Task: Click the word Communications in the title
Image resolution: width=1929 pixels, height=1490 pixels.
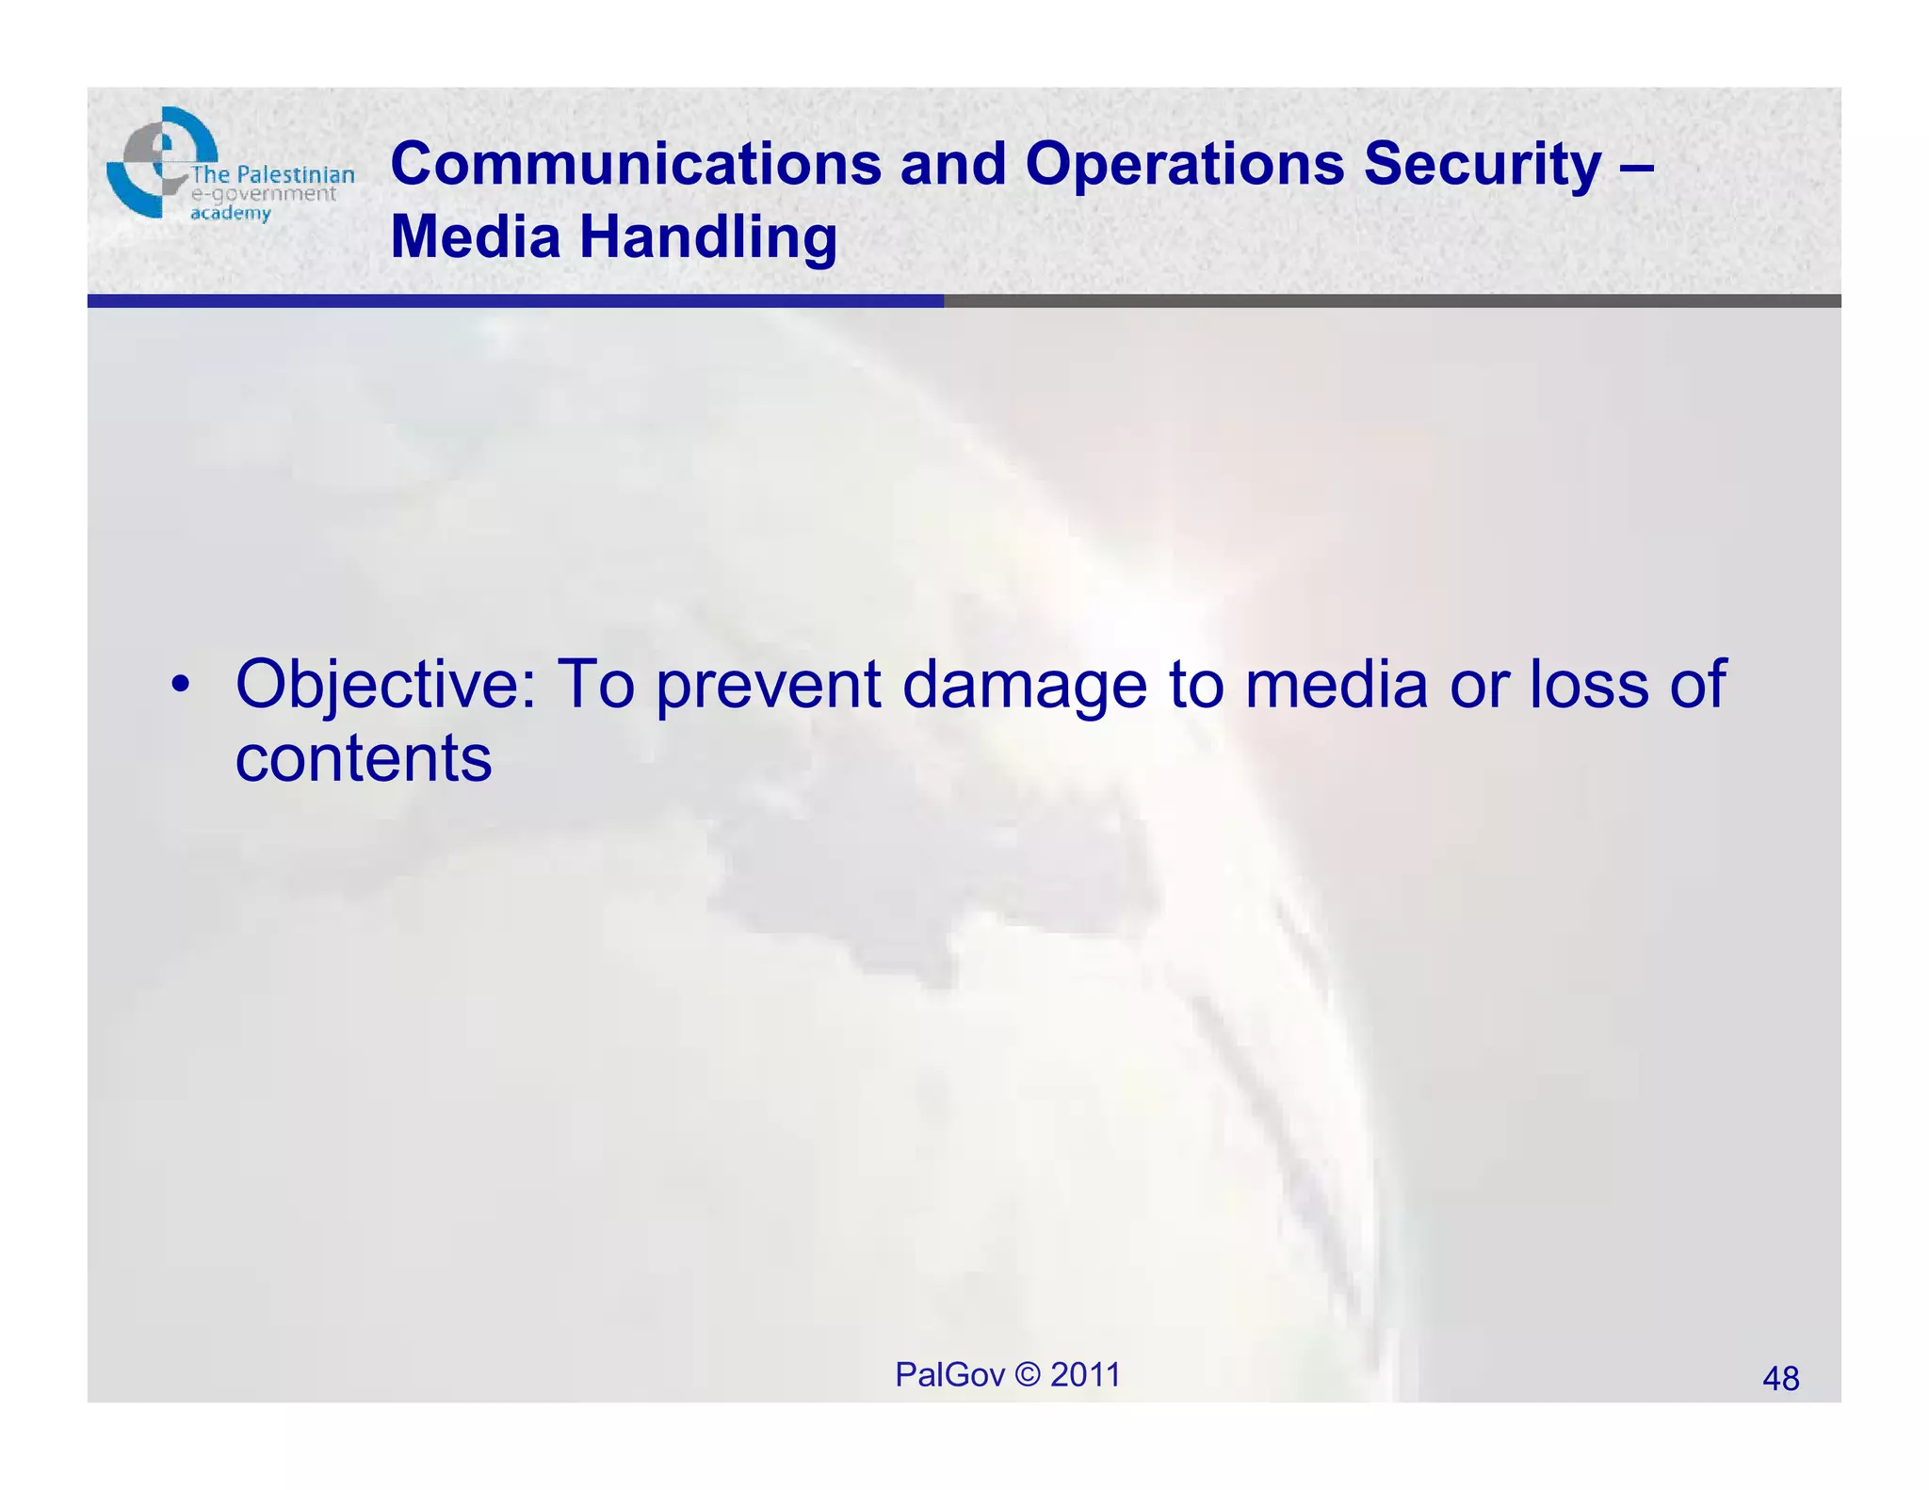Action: [x=636, y=164]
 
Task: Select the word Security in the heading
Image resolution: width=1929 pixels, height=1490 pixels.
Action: [x=1483, y=164]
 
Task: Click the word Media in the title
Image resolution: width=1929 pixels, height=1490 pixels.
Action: [x=476, y=236]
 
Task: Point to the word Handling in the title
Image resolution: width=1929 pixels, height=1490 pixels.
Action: [x=707, y=236]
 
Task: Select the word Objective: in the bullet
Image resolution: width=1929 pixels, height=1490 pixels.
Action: [x=385, y=685]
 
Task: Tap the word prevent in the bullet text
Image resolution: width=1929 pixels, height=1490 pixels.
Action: [x=769, y=685]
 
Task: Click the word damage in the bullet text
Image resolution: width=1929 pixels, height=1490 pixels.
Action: [x=1025, y=685]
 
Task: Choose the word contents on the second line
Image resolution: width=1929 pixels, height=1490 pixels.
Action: [x=364, y=759]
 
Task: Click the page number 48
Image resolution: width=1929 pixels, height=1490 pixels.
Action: [x=1780, y=1379]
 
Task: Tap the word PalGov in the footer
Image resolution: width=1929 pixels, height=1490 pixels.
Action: [x=949, y=1375]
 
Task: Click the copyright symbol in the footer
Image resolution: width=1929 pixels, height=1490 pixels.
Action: [x=1029, y=1375]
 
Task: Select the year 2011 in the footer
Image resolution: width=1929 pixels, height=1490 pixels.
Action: [x=1085, y=1375]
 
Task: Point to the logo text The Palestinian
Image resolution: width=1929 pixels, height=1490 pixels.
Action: [x=273, y=175]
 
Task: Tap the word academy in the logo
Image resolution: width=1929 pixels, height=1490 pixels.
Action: [x=231, y=214]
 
